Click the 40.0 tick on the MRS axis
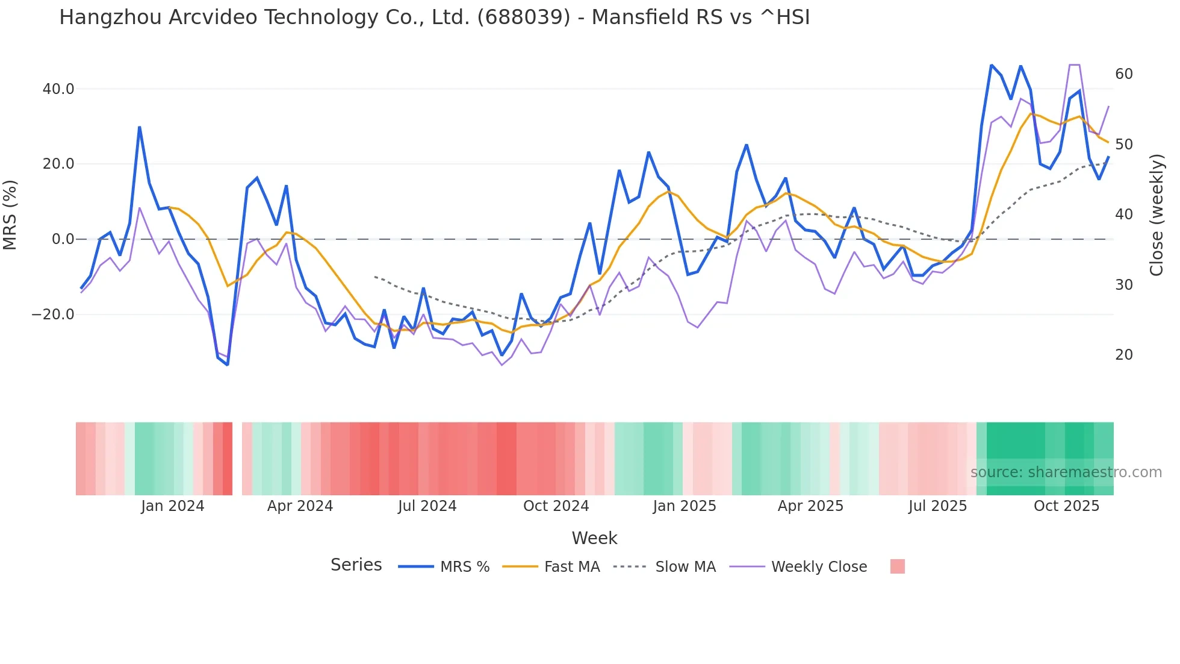pos(58,89)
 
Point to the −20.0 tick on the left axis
pos(53,315)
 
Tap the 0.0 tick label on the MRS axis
pos(63,239)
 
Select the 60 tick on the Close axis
pos(1124,74)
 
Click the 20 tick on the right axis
pos(1124,355)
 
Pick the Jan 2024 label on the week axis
pos(173,506)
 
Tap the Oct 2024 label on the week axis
pos(556,506)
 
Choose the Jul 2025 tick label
pos(937,506)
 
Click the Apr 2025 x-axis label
pos(810,506)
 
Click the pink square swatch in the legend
pos(897,566)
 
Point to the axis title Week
pos(594,538)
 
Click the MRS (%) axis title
pos(10,215)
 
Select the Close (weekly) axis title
pos(1157,215)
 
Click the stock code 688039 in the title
pos(523,17)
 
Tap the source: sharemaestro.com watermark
pos(1066,472)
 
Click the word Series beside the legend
pos(356,565)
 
